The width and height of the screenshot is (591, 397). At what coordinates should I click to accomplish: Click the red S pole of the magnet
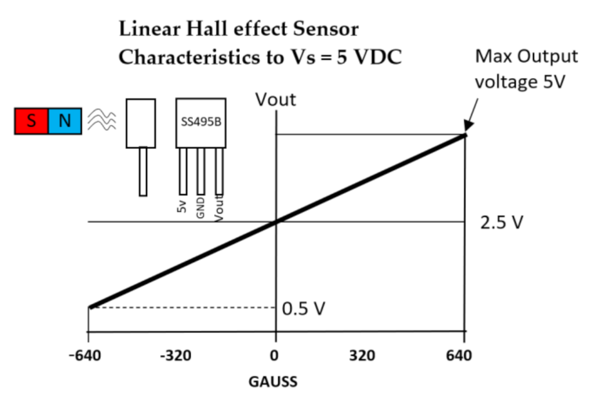31,121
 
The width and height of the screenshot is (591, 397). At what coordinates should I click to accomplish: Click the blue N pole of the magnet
64,121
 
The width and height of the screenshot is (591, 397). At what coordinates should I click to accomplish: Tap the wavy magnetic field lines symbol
102,121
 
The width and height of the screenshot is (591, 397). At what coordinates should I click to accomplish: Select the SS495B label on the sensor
200,123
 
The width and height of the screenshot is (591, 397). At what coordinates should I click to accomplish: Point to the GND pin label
200,206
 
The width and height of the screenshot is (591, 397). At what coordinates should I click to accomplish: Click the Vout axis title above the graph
276,99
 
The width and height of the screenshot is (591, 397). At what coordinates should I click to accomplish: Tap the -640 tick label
88,354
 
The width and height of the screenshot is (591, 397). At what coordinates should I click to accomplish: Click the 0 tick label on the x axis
276,354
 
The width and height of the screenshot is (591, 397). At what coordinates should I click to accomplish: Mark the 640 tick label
459,354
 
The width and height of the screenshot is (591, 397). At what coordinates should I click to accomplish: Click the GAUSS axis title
272,381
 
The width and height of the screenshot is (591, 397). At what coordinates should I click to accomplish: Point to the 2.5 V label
502,222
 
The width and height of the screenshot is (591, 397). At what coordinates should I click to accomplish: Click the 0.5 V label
303,308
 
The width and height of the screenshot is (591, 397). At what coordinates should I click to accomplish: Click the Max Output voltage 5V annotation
526,69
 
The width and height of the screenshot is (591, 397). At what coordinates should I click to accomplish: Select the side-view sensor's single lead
143,171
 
